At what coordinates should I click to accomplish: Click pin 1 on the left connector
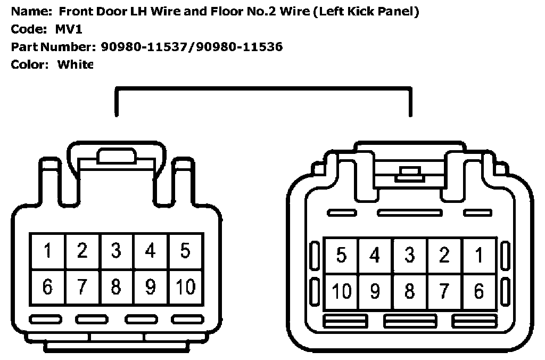click(x=48, y=251)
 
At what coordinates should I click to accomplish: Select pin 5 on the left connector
click(x=185, y=251)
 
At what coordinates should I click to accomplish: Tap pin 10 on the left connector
click(x=185, y=287)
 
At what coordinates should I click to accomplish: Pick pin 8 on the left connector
click(x=116, y=287)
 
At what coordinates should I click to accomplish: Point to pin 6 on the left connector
click(x=48, y=287)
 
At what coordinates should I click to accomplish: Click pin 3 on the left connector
click(x=116, y=251)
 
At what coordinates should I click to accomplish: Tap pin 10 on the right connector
click(x=341, y=292)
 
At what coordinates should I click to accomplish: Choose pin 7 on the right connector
click(x=444, y=292)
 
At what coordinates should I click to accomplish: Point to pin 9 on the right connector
click(x=375, y=292)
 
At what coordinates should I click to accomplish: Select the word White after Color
click(x=75, y=64)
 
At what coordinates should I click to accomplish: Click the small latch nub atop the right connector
click(x=409, y=171)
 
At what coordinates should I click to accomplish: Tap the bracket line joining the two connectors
click(x=263, y=89)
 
